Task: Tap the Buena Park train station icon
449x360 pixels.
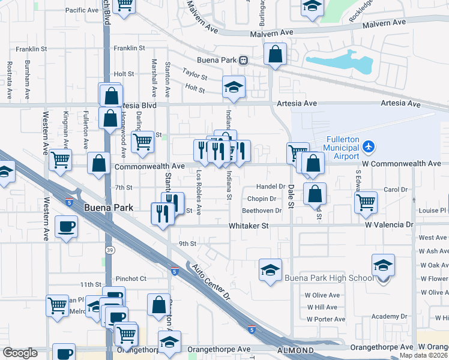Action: click(x=243, y=60)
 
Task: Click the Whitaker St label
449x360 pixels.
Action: click(x=248, y=226)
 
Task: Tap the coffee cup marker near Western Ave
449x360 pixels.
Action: click(x=65, y=226)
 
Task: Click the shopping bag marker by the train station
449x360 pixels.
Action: click(x=274, y=54)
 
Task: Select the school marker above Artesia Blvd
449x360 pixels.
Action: click(x=233, y=87)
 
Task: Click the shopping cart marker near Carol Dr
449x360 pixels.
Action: click(x=365, y=203)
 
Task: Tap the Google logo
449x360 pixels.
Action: click(x=20, y=353)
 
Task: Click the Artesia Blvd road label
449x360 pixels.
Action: click(x=137, y=105)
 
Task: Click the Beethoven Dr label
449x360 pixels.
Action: click(x=262, y=211)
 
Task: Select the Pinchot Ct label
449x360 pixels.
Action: click(x=131, y=278)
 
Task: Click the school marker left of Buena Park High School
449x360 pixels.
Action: click(x=270, y=269)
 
